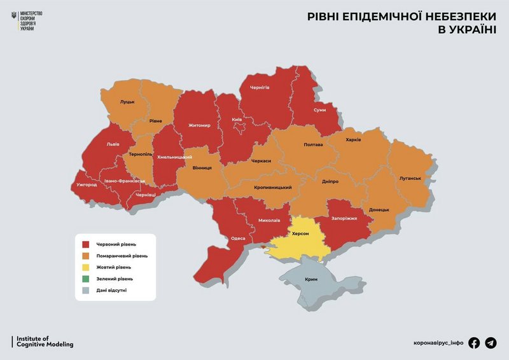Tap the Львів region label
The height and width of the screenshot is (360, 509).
click(112, 144)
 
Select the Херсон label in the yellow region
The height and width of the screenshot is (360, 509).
click(300, 233)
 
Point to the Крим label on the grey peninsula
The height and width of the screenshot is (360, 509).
click(311, 279)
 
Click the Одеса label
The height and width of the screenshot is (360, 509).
click(238, 238)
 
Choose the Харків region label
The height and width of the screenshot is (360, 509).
click(353, 139)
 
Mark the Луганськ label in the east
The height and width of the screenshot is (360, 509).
click(410, 178)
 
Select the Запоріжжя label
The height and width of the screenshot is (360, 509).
click(344, 218)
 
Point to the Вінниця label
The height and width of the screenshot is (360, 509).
click(203, 169)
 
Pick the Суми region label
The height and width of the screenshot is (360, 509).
click(320, 109)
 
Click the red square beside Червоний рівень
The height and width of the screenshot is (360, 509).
click(85, 244)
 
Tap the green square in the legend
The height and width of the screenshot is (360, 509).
click(85, 279)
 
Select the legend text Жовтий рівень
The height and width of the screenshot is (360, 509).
click(114, 267)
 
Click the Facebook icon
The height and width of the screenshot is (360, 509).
click(474, 343)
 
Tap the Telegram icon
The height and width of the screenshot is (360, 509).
click(491, 343)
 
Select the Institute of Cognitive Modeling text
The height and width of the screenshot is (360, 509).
click(45, 342)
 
